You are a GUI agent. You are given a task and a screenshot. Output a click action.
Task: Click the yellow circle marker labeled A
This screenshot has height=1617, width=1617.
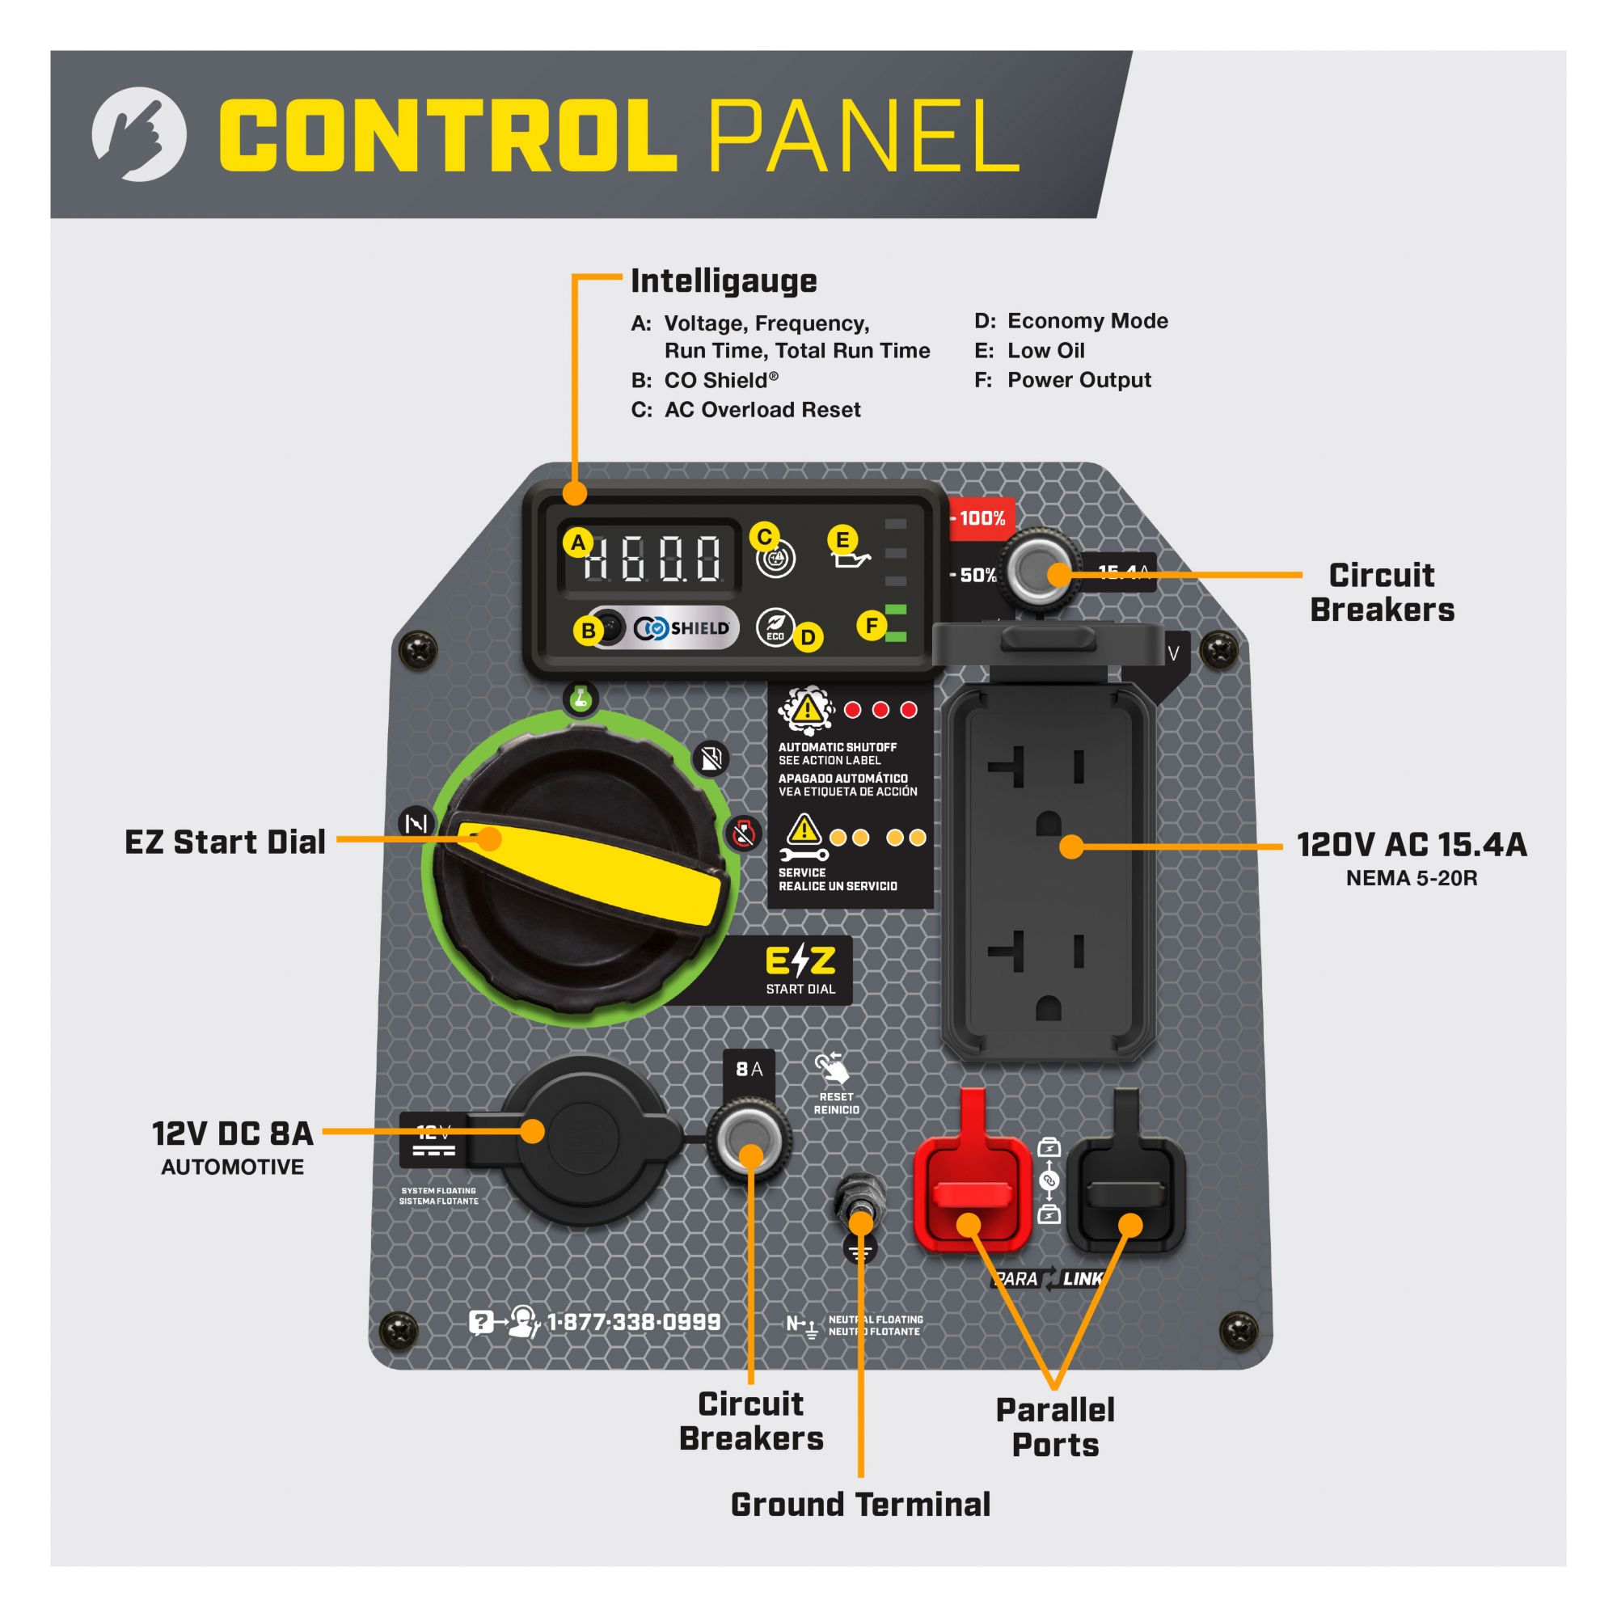click(577, 543)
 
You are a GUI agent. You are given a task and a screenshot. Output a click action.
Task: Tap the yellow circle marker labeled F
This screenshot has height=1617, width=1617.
click(872, 625)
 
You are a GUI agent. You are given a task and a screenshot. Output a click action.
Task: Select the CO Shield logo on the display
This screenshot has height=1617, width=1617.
click(682, 627)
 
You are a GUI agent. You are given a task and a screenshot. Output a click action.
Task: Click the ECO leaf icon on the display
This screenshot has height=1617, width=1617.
click(775, 626)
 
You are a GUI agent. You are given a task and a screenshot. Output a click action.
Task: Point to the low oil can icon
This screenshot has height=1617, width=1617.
click(852, 558)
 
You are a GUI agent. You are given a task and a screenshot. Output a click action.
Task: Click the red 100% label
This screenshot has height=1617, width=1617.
click(981, 518)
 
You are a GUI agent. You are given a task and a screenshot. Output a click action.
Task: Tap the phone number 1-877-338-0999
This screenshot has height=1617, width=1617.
click(634, 1323)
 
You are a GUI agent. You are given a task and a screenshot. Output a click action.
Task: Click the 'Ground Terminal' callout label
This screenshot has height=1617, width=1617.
click(860, 1504)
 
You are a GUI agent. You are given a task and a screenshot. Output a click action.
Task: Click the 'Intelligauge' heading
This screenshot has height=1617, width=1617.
click(723, 281)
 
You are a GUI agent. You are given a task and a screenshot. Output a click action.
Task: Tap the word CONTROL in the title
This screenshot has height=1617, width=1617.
click(448, 136)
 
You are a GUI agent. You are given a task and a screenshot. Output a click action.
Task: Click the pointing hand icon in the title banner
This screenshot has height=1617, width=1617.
click(139, 134)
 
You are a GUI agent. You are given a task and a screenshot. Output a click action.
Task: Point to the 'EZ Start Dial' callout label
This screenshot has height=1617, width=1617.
click(224, 842)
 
